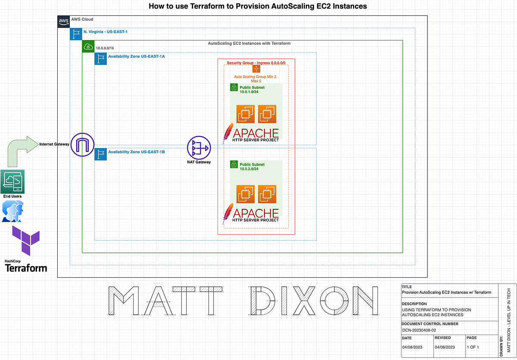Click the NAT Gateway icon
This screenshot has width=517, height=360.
pos(199,148)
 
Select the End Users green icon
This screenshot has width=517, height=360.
pos(12,181)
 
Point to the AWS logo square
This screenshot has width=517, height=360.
pos(63,22)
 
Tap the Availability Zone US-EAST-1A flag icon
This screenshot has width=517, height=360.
pos(100,59)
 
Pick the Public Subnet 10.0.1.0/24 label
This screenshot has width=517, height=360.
pos(252,90)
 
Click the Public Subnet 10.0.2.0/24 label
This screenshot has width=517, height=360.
pos(252,167)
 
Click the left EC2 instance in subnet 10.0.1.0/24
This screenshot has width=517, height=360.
pos(245,114)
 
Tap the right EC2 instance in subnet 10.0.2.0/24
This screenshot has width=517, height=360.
pos(267,194)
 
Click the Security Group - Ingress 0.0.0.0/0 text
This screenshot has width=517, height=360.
pos(256,63)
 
